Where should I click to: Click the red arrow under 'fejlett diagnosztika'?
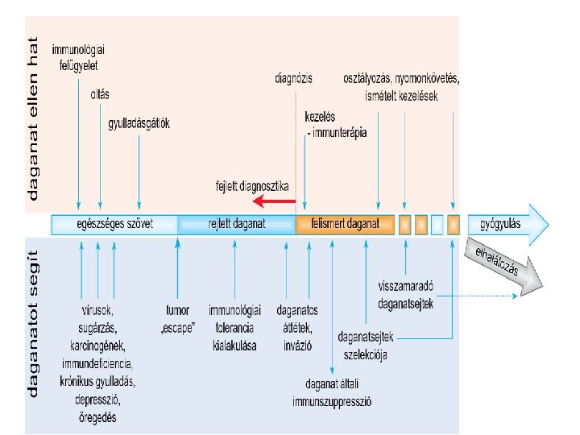tap(274, 201)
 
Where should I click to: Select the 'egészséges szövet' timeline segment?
tap(114, 223)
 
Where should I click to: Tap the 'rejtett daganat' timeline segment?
tap(237, 223)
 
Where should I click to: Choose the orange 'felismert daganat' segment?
tap(345, 223)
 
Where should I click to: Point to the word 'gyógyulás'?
tap(499, 222)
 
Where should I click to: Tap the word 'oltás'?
tap(100, 94)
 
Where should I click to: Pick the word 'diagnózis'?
tap(293, 79)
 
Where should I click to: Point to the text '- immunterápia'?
tap(337, 130)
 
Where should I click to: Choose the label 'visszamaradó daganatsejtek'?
tap(406, 295)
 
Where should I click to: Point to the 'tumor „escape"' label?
tap(176, 317)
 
